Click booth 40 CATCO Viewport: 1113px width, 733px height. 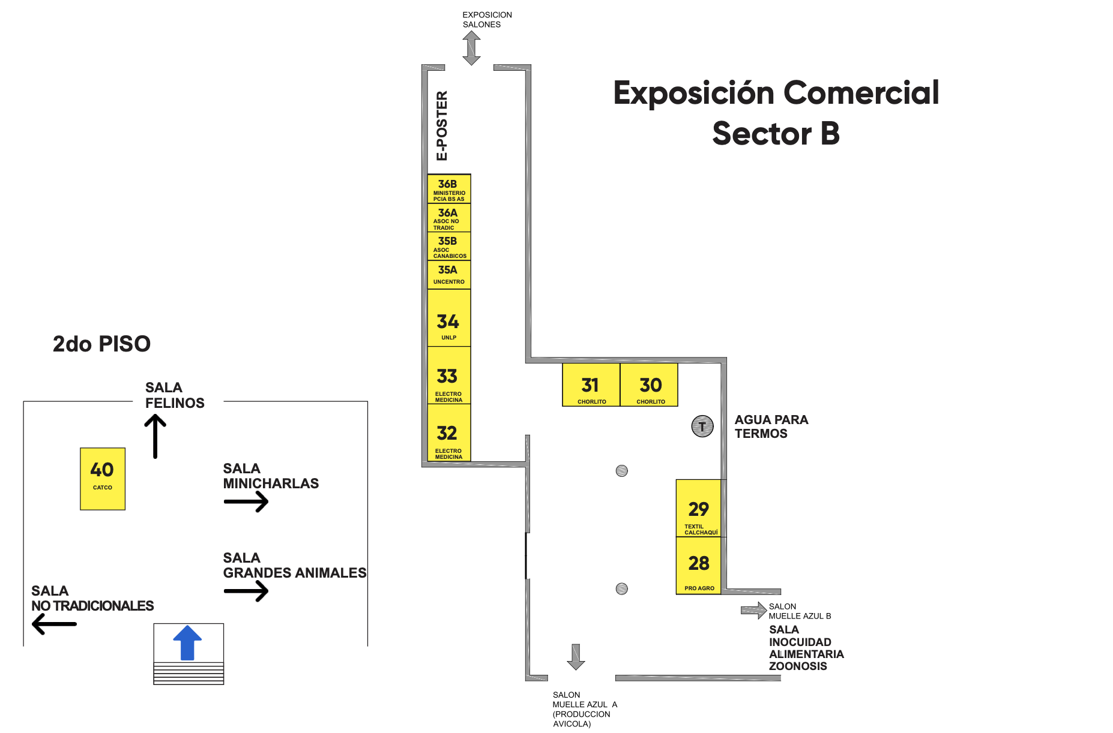(x=103, y=479)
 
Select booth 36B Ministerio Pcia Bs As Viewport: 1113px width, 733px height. (x=449, y=189)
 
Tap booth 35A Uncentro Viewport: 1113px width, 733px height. (x=449, y=275)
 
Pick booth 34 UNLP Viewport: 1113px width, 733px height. (x=449, y=318)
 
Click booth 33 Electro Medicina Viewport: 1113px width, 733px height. (x=449, y=375)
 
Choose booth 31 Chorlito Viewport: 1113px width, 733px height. (x=591, y=384)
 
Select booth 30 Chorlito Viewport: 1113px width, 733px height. (x=649, y=384)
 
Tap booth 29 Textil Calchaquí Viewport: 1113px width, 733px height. (x=699, y=508)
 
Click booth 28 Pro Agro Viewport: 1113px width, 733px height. (x=699, y=566)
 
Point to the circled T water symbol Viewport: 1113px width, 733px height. (x=702, y=426)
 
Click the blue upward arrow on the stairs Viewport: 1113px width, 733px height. (x=187, y=642)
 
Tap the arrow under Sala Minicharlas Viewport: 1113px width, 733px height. (x=246, y=501)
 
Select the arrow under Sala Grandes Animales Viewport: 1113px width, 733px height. (x=246, y=591)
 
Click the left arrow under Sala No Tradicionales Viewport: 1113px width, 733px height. (x=54, y=624)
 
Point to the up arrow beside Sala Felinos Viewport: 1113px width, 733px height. (x=155, y=437)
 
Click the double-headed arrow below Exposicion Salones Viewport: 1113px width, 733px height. (x=472, y=48)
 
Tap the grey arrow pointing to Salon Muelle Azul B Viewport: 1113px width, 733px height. (x=754, y=611)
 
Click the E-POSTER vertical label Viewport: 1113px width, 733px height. (x=442, y=126)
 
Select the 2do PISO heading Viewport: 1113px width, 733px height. (x=101, y=344)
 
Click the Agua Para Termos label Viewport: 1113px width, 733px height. (x=771, y=426)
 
